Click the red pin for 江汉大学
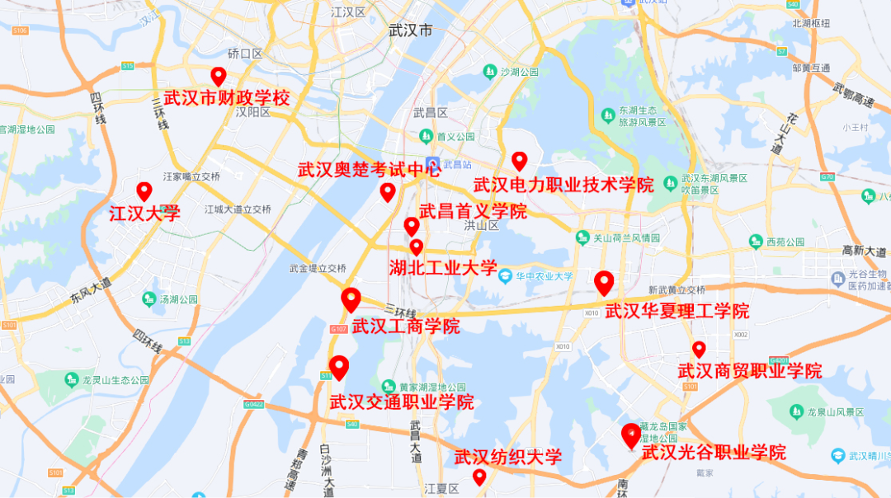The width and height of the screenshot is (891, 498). pos(144,190)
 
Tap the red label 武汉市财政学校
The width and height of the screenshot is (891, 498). pos(227,98)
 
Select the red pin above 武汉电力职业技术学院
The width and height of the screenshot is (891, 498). pos(519,160)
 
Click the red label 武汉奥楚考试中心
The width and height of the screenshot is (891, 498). pos(369,171)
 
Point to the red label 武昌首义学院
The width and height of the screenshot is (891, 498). pos(473,211)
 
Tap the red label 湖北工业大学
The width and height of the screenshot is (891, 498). pos(443,267)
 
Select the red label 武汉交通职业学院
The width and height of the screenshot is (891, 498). pos(402,402)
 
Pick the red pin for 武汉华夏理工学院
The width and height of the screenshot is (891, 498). pos(604,282)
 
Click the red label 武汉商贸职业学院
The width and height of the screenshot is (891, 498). pos(750,371)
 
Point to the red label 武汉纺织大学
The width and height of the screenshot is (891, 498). pos(508,457)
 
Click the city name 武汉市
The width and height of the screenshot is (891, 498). pos(411,31)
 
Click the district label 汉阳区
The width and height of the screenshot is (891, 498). pos(252,111)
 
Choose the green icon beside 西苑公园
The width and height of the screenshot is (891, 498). pos(756,242)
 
